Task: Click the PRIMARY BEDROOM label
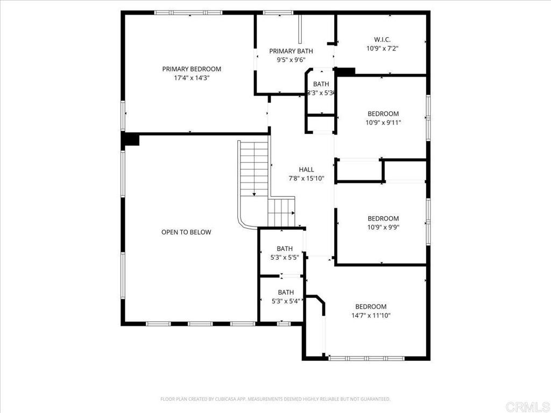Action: coord(192,69)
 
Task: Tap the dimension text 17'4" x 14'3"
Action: coord(192,77)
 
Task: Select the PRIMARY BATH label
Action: coord(291,51)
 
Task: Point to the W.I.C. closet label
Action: coord(382,39)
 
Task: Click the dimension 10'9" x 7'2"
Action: coord(382,48)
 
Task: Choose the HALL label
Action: coord(306,169)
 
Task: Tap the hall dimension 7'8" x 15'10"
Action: coord(306,179)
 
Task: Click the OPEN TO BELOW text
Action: coord(186,232)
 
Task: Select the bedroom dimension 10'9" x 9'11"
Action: coord(383,122)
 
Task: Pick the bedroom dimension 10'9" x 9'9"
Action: coord(383,227)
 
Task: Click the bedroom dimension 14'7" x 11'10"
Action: coord(371,316)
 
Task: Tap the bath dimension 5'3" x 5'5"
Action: coord(285,257)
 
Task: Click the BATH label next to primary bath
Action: coord(321,84)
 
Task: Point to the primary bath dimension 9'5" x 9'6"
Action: coord(291,60)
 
